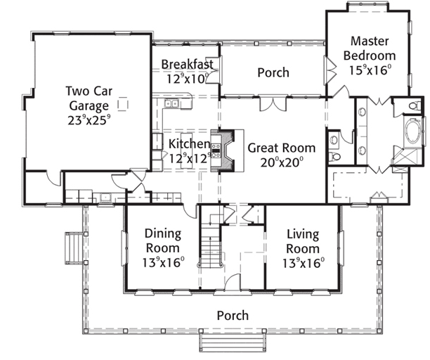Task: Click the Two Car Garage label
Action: tap(89, 98)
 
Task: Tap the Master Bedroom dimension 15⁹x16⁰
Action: tap(370, 70)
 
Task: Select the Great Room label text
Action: tap(282, 148)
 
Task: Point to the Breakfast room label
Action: tap(188, 64)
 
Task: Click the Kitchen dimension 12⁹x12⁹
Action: tap(190, 158)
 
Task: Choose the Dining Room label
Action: tap(163, 240)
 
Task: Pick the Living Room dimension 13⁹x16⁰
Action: tap(304, 264)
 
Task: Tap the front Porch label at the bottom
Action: tap(233, 316)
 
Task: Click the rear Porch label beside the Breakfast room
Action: tap(273, 72)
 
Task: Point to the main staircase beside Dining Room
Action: tap(210, 241)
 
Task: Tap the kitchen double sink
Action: tap(171, 103)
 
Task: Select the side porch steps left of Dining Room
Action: tap(74, 248)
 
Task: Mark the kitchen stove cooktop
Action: tap(216, 150)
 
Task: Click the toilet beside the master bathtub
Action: tap(415, 105)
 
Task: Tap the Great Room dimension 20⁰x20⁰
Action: tap(282, 162)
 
